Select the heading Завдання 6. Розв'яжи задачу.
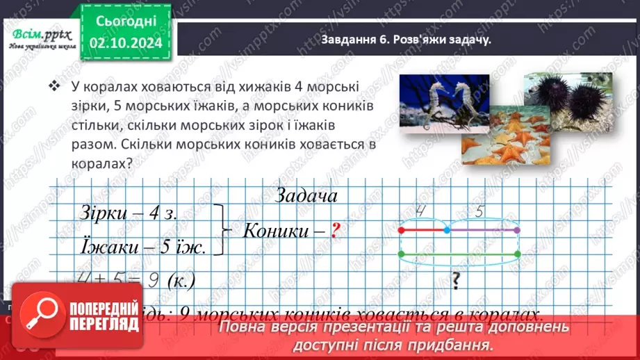(x=406, y=40)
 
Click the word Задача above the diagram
(x=306, y=196)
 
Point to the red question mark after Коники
(x=334, y=231)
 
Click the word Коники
(x=274, y=231)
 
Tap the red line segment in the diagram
(x=423, y=229)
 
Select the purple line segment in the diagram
(x=482, y=229)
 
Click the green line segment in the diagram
(x=459, y=254)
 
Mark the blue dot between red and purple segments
(x=447, y=229)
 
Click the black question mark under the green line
(x=457, y=281)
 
